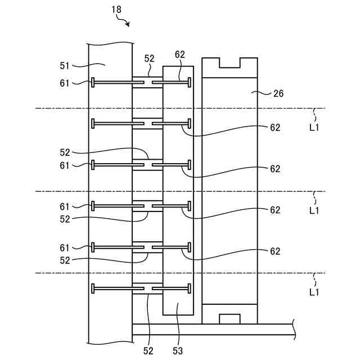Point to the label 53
[x=177, y=351]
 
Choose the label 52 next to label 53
[x=147, y=351]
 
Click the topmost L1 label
[x=314, y=128]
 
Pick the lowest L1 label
[x=314, y=292]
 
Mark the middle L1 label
[x=314, y=210]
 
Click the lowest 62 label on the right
[x=274, y=251]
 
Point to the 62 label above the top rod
[x=180, y=55]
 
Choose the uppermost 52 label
[x=149, y=58]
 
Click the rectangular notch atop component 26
[x=229, y=62]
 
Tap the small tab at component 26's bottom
[x=229, y=319]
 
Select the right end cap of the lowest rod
[x=190, y=289]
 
